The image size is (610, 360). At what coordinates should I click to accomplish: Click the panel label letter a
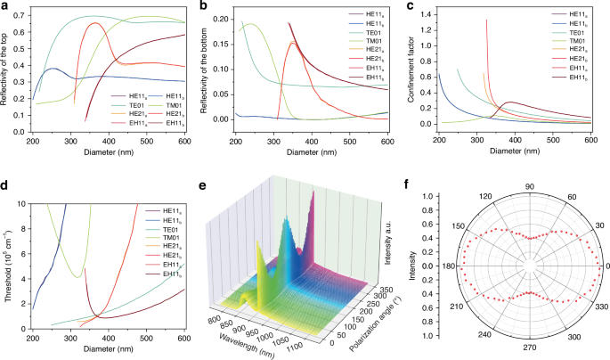pyautogui.click(x=5, y=6)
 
